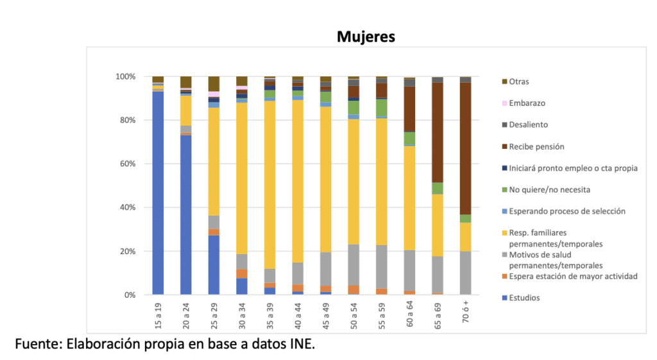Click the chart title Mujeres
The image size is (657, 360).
[366, 37]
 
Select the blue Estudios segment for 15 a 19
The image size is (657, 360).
[158, 193]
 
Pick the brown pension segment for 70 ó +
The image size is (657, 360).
[466, 148]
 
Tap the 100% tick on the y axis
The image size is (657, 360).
[126, 77]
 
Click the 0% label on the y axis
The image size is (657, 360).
[130, 295]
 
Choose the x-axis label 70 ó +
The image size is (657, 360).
[466, 314]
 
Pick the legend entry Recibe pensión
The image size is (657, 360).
[536, 146]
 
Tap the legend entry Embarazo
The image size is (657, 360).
[527, 103]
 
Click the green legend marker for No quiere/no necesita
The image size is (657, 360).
[504, 190]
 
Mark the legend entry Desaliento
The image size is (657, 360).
[528, 124]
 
